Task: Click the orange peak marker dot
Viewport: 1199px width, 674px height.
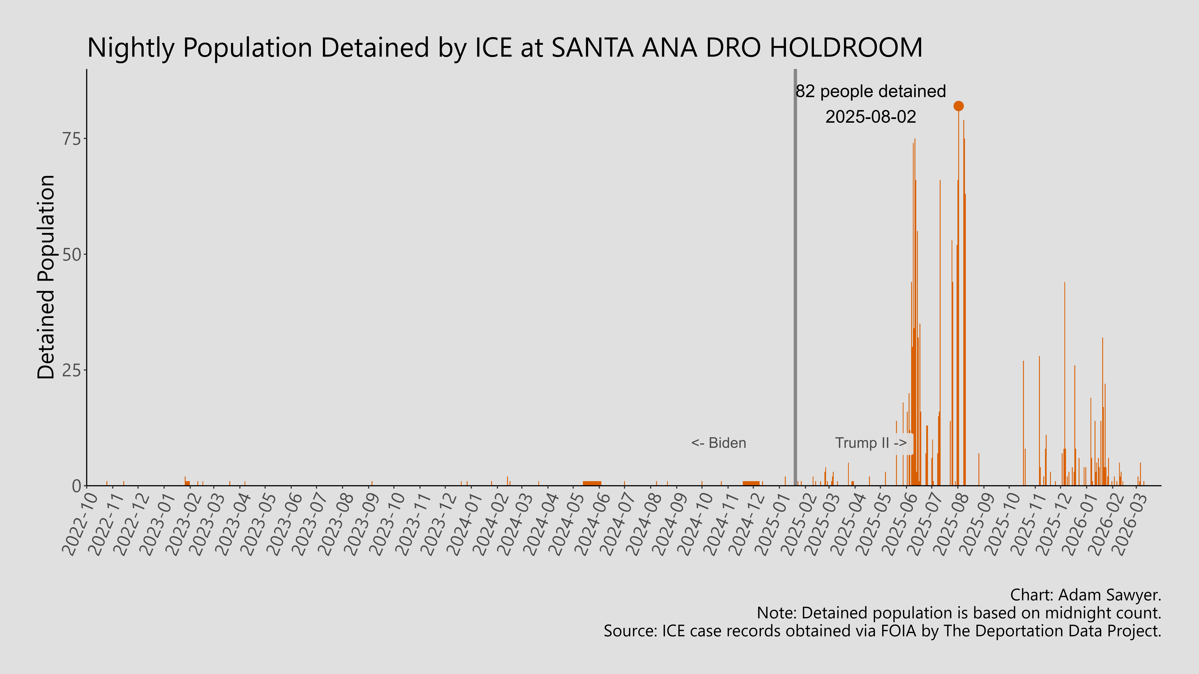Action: tap(958, 106)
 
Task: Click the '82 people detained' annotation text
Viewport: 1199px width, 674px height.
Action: tap(870, 91)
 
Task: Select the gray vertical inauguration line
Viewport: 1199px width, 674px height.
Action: tap(795, 279)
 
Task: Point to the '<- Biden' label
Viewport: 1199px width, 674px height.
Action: tap(718, 443)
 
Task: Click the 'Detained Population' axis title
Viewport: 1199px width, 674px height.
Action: tap(47, 277)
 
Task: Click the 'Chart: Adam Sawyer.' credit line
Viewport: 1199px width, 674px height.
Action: tap(1085, 595)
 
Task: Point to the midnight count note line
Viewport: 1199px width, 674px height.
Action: tap(959, 613)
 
